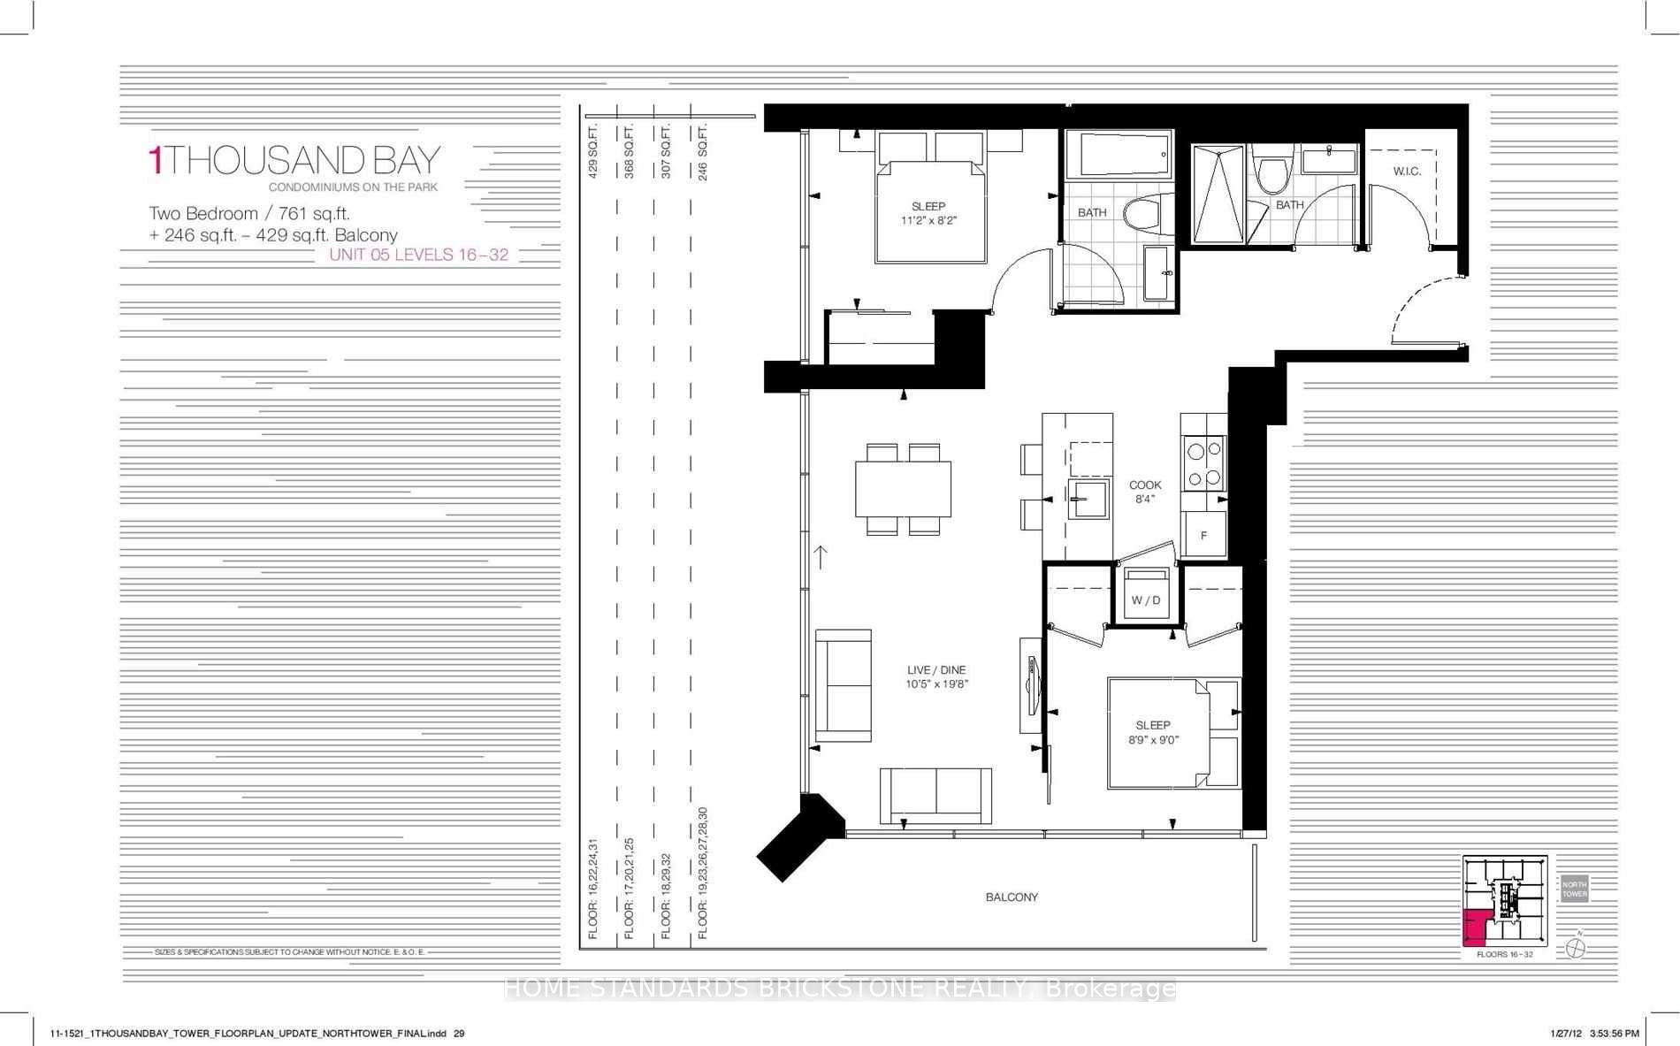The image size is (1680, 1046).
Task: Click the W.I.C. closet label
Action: pyautogui.click(x=1407, y=171)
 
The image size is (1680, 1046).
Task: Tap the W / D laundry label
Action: pyautogui.click(x=1146, y=600)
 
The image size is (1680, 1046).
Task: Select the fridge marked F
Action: pyautogui.click(x=1203, y=536)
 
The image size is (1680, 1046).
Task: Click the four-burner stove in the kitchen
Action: pyautogui.click(x=1203, y=465)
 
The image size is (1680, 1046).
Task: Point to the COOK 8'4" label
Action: pyautogui.click(x=1145, y=492)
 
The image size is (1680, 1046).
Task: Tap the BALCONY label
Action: pyautogui.click(x=1012, y=897)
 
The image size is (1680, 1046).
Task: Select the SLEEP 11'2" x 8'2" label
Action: pyautogui.click(x=928, y=213)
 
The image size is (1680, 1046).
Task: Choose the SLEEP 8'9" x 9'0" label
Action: pyautogui.click(x=1153, y=732)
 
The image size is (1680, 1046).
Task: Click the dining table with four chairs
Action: pyautogui.click(x=903, y=489)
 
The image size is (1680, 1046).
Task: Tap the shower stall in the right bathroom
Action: pyautogui.click(x=1218, y=195)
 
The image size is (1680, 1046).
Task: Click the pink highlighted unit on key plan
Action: pyautogui.click(x=1476, y=927)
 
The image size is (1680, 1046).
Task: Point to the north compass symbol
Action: pyautogui.click(x=1576, y=947)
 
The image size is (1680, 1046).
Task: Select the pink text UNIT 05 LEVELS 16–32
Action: pyautogui.click(x=418, y=255)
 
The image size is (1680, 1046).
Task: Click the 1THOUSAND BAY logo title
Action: pyautogui.click(x=294, y=160)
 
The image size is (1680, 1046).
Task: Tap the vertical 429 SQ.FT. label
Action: pyautogui.click(x=593, y=152)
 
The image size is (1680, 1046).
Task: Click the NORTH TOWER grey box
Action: pyautogui.click(x=1574, y=889)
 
